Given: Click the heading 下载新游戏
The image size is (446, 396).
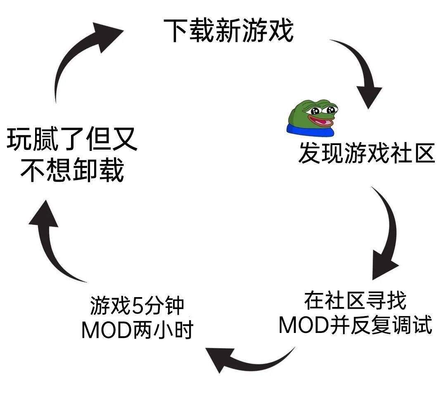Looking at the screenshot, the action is pos(228,30).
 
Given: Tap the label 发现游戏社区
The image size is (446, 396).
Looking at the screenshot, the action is pos(367,153).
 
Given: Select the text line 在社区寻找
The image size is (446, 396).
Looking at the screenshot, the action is pos(355,301).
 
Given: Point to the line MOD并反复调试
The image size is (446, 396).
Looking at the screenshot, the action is pos(356,324).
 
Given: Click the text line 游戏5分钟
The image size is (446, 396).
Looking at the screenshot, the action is pos(138,306).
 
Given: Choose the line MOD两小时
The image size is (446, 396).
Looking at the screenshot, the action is pos(138,329).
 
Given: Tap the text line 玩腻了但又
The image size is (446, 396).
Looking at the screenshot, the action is pos(72,139).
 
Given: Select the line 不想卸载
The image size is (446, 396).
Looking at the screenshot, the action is pos(72,170).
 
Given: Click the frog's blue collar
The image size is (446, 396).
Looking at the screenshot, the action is pos(310,129).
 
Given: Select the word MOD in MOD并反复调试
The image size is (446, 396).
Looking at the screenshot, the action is pos(304,324).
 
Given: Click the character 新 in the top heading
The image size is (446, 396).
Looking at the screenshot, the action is pos(228,30).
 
